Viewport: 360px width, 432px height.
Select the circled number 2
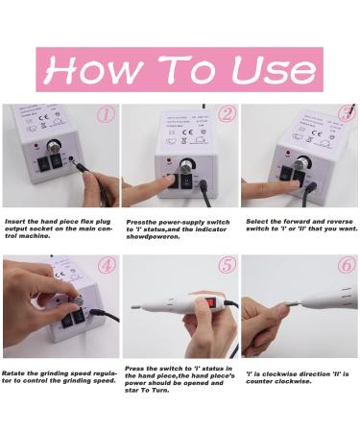pos(227,115)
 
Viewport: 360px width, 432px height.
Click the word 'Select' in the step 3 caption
pos(258,219)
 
